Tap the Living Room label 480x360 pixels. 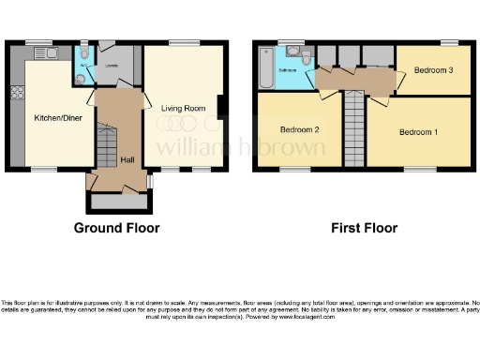pos(183,109)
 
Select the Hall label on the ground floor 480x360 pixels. pos(127,159)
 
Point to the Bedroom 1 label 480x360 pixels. pos(418,132)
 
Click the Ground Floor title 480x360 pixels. pos(117,228)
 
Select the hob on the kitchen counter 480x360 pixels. pos(16,92)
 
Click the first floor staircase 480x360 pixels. pos(354,129)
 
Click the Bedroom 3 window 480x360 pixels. pos(450,42)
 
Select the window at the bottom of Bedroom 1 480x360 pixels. pos(417,169)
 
